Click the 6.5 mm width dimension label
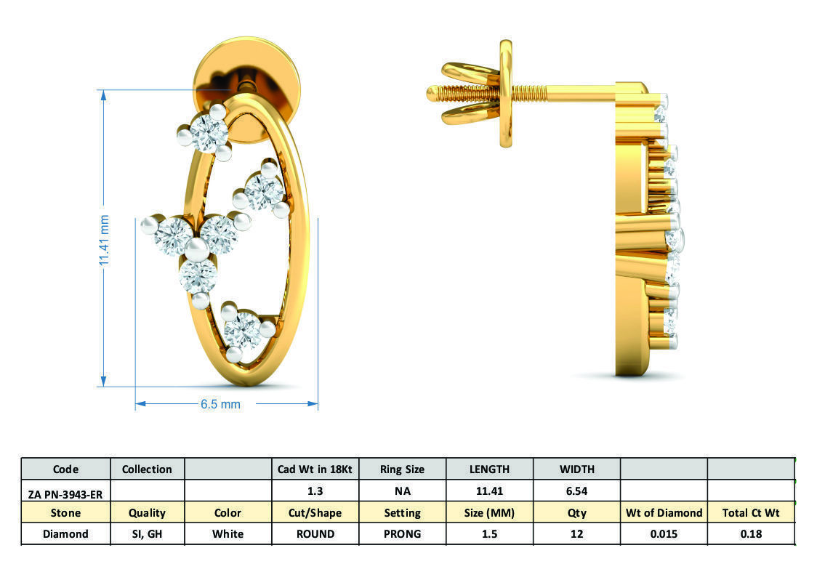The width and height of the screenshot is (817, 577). pos(220,404)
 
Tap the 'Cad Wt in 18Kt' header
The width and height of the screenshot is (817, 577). pos(315,469)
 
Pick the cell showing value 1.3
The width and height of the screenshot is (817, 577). pos(315,491)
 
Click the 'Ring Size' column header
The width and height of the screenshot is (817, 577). pos(402,469)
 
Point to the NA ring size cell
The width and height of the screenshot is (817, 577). pos(402,491)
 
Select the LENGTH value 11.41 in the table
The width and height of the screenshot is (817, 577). pos(489,491)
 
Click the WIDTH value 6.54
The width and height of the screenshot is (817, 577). pos(576,491)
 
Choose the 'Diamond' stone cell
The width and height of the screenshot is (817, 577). pos(65,533)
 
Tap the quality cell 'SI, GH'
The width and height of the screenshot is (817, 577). pos(147,533)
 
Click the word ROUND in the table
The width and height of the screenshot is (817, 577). pos(315,533)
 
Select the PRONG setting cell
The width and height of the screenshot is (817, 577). pos(402,533)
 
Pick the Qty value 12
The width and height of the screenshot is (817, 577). pos(576,533)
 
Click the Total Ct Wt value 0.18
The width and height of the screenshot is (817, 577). pos(750,533)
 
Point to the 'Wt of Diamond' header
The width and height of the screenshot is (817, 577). pos(664,512)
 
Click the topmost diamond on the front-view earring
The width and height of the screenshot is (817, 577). pos(209,133)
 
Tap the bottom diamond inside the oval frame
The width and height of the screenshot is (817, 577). pos(242,332)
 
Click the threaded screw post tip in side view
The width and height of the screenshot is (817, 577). pos(432,93)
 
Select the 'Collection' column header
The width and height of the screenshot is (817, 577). pos(147,469)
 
